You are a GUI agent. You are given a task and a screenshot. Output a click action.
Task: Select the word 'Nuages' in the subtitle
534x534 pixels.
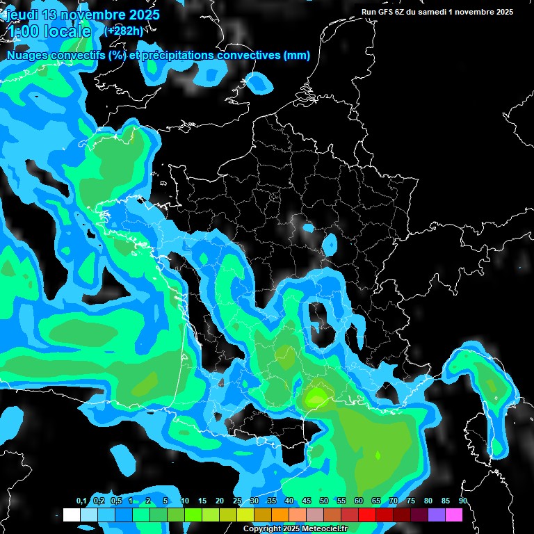[x=29, y=56]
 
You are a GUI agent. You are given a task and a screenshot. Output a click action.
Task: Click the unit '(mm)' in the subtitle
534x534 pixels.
[x=297, y=56]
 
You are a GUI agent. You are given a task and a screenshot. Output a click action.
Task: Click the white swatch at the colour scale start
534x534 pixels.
[x=71, y=515]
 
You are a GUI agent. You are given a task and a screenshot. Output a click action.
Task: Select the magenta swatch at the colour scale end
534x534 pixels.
[x=453, y=515]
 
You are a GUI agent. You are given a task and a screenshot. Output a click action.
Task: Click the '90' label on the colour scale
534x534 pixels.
[x=462, y=501]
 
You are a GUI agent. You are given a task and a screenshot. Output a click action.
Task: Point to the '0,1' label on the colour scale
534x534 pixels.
[x=81, y=501]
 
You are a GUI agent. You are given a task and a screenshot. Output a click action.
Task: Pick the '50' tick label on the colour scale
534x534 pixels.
[x=324, y=501]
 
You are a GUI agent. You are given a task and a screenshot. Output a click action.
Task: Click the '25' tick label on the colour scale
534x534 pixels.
[x=237, y=501]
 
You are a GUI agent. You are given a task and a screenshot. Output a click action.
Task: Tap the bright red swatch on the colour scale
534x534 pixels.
[x=366, y=515]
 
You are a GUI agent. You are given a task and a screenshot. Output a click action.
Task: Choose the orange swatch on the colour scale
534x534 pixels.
[x=280, y=515]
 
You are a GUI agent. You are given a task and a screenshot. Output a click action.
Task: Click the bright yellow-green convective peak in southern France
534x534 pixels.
[x=317, y=397]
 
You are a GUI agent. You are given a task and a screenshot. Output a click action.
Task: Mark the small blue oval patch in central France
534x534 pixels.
[x=330, y=244]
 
